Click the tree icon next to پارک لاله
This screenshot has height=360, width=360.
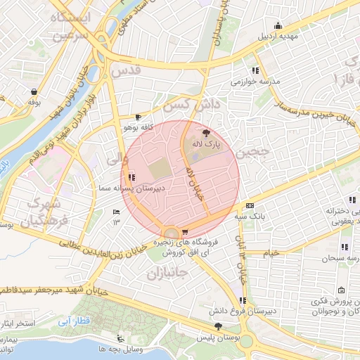click(205, 132)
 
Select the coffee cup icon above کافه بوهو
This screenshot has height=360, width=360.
click(139, 117)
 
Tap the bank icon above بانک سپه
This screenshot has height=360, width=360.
click(250, 205)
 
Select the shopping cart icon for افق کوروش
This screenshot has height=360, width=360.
click(184, 231)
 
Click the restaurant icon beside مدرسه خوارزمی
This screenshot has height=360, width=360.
click(255, 70)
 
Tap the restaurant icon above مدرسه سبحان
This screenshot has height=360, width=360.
click(344, 247)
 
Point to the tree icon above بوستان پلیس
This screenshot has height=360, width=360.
click(219, 326)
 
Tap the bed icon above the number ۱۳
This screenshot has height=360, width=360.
click(117, 212)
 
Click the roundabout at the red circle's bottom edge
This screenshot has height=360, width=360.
click(170, 232)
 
